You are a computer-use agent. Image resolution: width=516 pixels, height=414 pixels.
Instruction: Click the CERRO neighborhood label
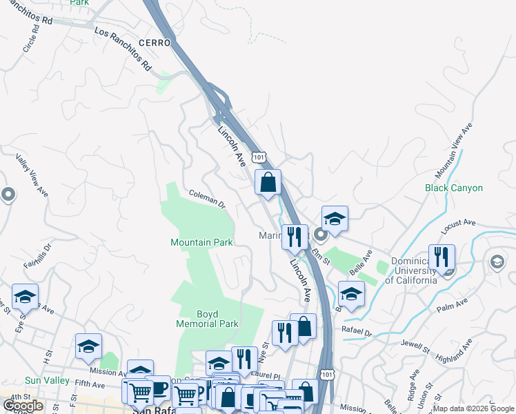tap(155, 43)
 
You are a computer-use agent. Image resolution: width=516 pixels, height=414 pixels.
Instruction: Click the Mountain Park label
tap(201, 242)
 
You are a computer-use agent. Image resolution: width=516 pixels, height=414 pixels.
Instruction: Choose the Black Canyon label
tap(453, 188)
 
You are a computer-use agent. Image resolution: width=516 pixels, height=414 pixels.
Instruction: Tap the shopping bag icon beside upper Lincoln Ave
tap(268, 183)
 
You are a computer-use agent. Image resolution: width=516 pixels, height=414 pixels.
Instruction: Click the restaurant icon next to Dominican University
tap(441, 257)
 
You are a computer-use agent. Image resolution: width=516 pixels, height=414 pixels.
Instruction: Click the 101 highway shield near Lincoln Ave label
tap(259, 157)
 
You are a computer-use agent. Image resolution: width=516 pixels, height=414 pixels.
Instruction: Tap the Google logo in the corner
tap(23, 406)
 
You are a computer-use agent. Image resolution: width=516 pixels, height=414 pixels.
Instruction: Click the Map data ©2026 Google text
tap(473, 408)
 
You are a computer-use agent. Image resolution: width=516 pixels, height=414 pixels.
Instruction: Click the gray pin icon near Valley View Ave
tap(8, 195)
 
